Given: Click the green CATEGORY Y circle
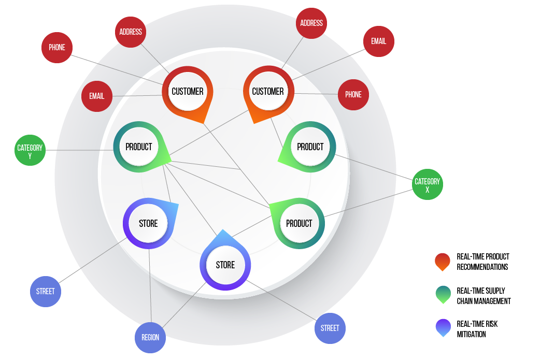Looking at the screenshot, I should click(x=30, y=151).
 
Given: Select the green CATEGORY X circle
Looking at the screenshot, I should click(x=428, y=184).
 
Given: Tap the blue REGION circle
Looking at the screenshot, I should click(x=150, y=337).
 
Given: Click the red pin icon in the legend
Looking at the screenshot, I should click(x=443, y=262).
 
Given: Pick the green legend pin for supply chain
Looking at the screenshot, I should click(x=443, y=295).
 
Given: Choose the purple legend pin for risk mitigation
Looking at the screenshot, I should click(x=443, y=328).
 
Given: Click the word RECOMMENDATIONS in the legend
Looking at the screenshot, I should click(x=482, y=267).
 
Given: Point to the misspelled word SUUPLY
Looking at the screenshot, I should click(x=495, y=291).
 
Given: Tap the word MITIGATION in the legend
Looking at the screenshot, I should click(x=471, y=335).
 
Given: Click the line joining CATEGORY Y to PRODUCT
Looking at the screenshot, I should click(x=78, y=151).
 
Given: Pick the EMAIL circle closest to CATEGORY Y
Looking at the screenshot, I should click(x=96, y=96).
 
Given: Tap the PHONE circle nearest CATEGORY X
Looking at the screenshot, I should click(x=353, y=95).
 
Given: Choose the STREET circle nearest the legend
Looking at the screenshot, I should click(x=330, y=328).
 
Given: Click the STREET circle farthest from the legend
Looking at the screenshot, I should click(x=46, y=292).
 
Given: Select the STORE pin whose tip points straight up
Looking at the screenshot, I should click(x=225, y=265).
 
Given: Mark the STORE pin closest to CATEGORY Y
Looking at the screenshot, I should click(x=148, y=224).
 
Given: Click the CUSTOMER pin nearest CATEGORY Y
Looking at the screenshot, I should click(x=188, y=92).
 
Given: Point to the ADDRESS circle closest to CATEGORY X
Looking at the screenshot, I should click(x=311, y=23).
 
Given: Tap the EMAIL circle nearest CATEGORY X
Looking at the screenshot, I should click(x=378, y=41).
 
